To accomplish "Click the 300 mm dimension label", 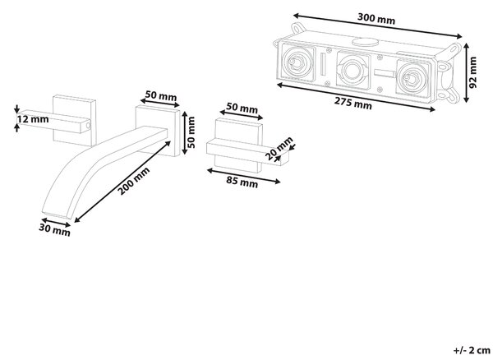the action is (x=376, y=19).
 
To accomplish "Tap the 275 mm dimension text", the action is (x=352, y=103).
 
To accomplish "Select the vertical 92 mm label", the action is (x=472, y=72).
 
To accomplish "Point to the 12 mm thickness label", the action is (x=33, y=119).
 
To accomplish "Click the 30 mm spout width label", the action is (x=54, y=230).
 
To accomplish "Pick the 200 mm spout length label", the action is (x=134, y=182).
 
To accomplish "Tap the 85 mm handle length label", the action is (x=242, y=182).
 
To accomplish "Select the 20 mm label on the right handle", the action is (x=279, y=148).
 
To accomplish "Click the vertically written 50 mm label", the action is (x=191, y=132).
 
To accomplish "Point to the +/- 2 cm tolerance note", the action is (x=472, y=350).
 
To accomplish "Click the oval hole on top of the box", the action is (x=365, y=42).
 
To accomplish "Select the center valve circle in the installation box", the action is (x=352, y=70).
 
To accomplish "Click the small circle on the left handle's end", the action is (x=88, y=126).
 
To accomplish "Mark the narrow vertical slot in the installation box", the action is (x=323, y=64).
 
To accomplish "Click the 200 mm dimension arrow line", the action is (x=122, y=182).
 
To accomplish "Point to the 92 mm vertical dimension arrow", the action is (x=466, y=72).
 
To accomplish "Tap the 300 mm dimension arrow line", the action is (x=377, y=25).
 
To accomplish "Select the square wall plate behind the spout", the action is (x=158, y=132).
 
